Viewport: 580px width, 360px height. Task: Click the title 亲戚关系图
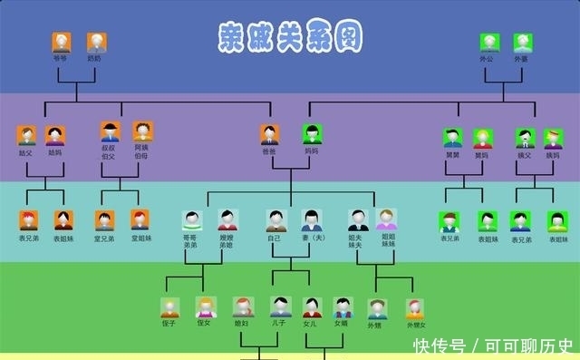coord(291,36)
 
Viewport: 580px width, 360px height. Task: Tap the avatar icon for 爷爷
coord(62,42)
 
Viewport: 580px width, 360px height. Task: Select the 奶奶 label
coord(95,58)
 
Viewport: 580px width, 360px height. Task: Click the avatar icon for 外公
coord(489,43)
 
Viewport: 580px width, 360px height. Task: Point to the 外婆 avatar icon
coord(522,43)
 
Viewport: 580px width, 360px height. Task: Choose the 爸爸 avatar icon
coord(269,134)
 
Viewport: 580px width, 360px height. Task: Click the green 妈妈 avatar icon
coord(312,134)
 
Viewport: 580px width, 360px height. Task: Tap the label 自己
coord(275,238)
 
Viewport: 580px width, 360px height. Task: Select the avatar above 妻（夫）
coord(312,220)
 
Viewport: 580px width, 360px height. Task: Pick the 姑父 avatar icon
coord(26,136)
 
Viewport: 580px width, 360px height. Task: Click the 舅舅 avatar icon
coord(453,138)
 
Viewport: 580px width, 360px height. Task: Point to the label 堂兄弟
coord(105,238)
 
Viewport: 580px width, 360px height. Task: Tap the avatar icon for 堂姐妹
coord(140,219)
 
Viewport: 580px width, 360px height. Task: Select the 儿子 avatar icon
coord(281,306)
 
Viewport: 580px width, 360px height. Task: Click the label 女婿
coord(341,323)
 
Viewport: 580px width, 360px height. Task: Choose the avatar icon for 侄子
coord(169,307)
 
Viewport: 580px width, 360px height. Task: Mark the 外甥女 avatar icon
coord(415,309)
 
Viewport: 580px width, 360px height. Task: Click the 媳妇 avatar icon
coord(242,306)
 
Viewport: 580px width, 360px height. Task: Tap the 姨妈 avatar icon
coord(552,138)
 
